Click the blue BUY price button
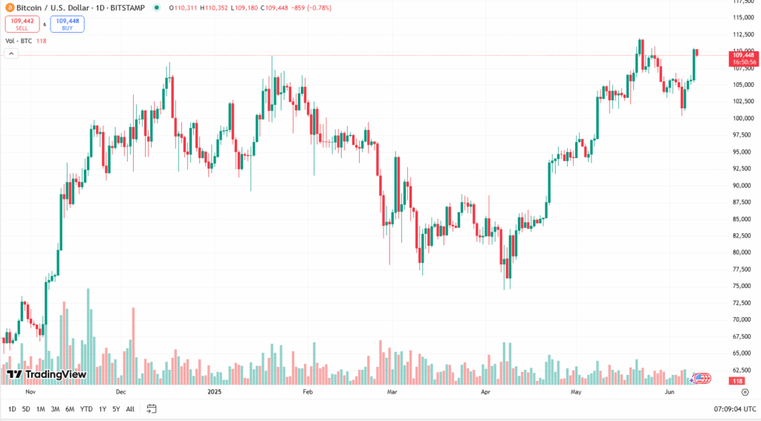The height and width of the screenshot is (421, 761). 67,25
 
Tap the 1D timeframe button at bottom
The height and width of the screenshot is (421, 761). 12,409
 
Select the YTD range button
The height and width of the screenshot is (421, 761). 86,409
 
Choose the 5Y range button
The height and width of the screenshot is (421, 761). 116,409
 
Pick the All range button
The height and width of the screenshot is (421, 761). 130,409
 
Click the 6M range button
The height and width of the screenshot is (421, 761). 69,409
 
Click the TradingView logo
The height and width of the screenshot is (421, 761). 46,374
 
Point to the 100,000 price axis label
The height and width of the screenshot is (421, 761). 743,118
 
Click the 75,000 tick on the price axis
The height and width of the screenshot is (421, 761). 743,286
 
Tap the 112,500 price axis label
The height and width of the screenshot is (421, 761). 743,34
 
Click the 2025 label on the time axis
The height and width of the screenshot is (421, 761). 215,391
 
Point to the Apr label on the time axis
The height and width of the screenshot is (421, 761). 486,391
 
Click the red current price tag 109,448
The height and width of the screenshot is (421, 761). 743,55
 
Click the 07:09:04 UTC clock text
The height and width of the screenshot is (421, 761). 735,409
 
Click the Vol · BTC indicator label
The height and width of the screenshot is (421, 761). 19,41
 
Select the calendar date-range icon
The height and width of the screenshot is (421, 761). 152,409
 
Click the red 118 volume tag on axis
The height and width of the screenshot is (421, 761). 738,381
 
